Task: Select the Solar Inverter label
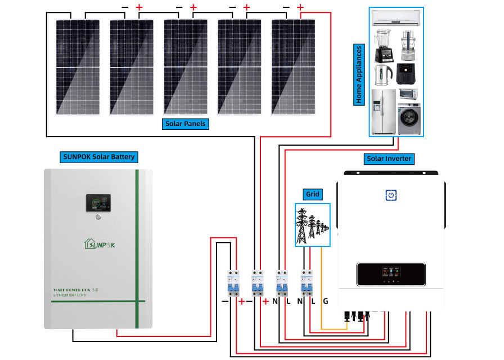coord(389,159)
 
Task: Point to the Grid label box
coord(312,195)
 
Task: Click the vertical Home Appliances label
coord(359,73)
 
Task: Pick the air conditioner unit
coord(397,18)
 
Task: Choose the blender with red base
coord(382,45)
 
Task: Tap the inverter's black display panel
coord(390,275)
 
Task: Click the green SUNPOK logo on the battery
coord(106,244)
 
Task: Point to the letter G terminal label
coord(325,301)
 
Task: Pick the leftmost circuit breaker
coord(232,283)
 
